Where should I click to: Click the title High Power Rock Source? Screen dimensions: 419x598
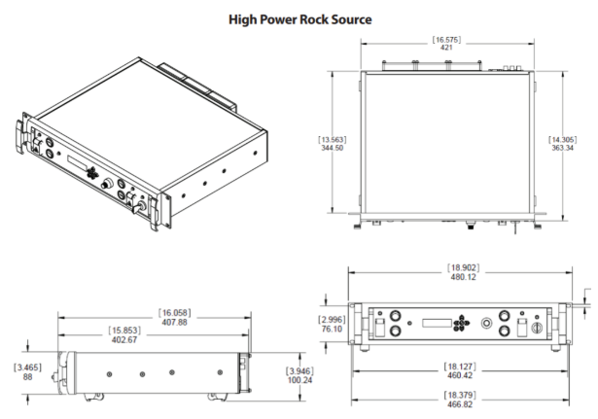pos(299,18)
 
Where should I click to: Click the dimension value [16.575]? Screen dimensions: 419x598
pos(446,38)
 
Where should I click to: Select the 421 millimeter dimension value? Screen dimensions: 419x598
pos(446,47)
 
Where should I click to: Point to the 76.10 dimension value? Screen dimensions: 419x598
pos(333,329)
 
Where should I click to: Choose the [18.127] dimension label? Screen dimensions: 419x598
pos(460,367)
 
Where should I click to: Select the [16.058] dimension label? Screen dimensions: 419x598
pos(174,313)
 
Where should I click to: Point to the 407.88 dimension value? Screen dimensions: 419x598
pos(174,322)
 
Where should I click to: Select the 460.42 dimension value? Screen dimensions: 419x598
pos(460,375)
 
